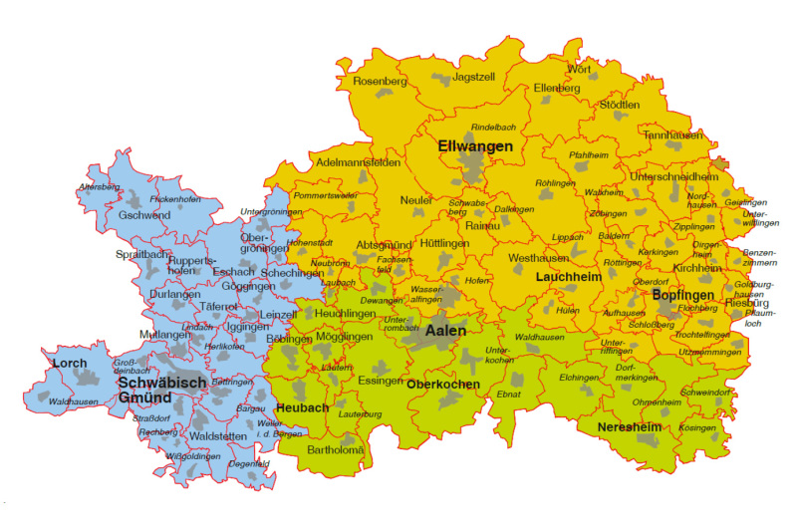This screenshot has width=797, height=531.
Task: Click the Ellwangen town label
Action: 474,146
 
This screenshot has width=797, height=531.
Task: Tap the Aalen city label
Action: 447,329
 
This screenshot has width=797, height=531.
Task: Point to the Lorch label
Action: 69,363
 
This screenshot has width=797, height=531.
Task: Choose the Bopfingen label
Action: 684,296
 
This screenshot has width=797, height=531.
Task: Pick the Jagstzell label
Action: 473,76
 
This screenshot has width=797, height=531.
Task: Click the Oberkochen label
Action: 444,385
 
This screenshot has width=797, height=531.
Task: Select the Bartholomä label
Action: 336,450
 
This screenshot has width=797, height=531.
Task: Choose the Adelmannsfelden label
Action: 358,161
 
